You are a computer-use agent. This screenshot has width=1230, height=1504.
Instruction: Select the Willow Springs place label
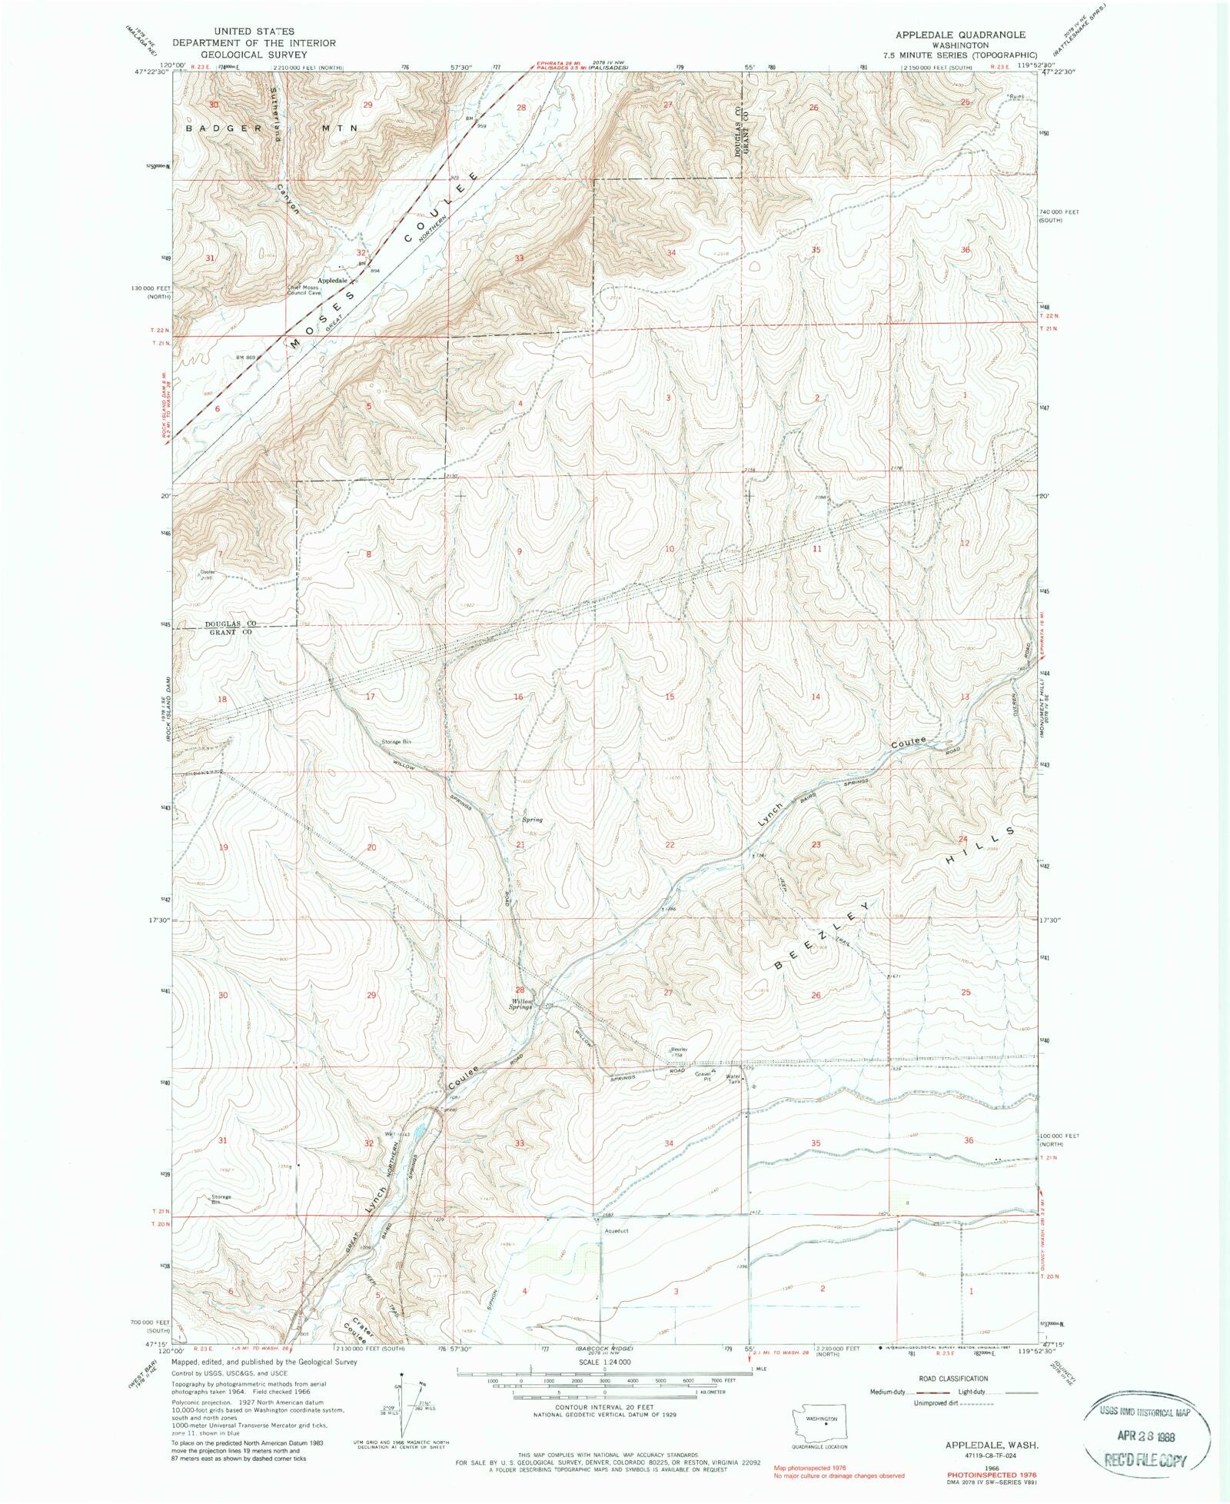pyautogui.click(x=522, y=1003)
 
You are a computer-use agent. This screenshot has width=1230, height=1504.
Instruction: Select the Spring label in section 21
pyautogui.click(x=532, y=820)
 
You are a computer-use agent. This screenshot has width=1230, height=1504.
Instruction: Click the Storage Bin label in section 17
pyautogui.click(x=397, y=741)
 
